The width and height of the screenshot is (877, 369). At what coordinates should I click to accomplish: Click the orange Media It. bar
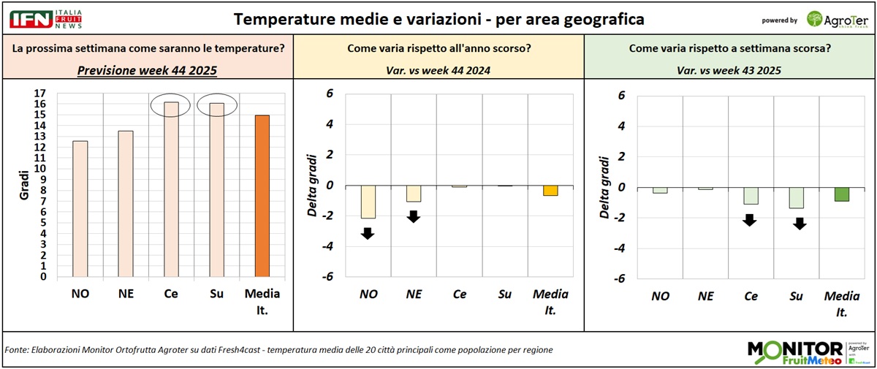262,196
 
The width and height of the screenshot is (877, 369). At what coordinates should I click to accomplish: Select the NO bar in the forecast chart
80,209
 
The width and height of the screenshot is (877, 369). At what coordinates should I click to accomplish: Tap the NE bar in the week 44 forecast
125,204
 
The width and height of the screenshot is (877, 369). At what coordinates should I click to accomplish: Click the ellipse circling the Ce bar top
170,106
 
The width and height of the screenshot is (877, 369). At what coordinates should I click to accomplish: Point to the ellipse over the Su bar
216,107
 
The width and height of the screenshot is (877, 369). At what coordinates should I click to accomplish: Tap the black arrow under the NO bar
367,234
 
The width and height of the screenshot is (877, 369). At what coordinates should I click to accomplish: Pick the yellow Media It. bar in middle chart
550,191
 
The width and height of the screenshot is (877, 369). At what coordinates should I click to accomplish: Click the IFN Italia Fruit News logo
43,19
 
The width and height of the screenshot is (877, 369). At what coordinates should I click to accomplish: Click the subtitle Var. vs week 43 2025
730,70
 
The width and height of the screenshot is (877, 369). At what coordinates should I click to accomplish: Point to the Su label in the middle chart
505,294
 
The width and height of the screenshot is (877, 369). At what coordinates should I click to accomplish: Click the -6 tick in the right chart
621,278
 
